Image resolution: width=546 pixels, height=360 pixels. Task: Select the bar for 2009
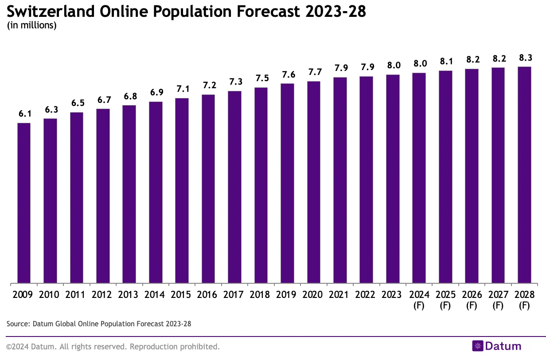[24, 203]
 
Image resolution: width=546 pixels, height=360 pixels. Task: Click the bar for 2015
[182, 190]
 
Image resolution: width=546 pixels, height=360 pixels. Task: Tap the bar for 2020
[313, 182]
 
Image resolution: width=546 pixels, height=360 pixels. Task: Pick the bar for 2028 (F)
[524, 175]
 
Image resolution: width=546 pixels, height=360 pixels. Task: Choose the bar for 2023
[393, 179]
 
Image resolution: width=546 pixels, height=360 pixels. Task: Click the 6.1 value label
[24, 114]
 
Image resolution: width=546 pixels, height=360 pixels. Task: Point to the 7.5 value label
[261, 78]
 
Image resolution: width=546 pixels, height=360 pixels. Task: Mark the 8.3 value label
[524, 58]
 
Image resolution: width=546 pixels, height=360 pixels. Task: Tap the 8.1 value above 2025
[445, 62]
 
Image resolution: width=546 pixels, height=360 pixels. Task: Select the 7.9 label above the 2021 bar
[340, 68]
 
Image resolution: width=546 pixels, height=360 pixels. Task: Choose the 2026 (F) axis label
[472, 300]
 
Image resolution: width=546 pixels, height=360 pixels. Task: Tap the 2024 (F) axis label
[419, 300]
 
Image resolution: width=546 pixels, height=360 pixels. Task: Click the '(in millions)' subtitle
[31, 25]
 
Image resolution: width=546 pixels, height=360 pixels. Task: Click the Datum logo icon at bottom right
[477, 346]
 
